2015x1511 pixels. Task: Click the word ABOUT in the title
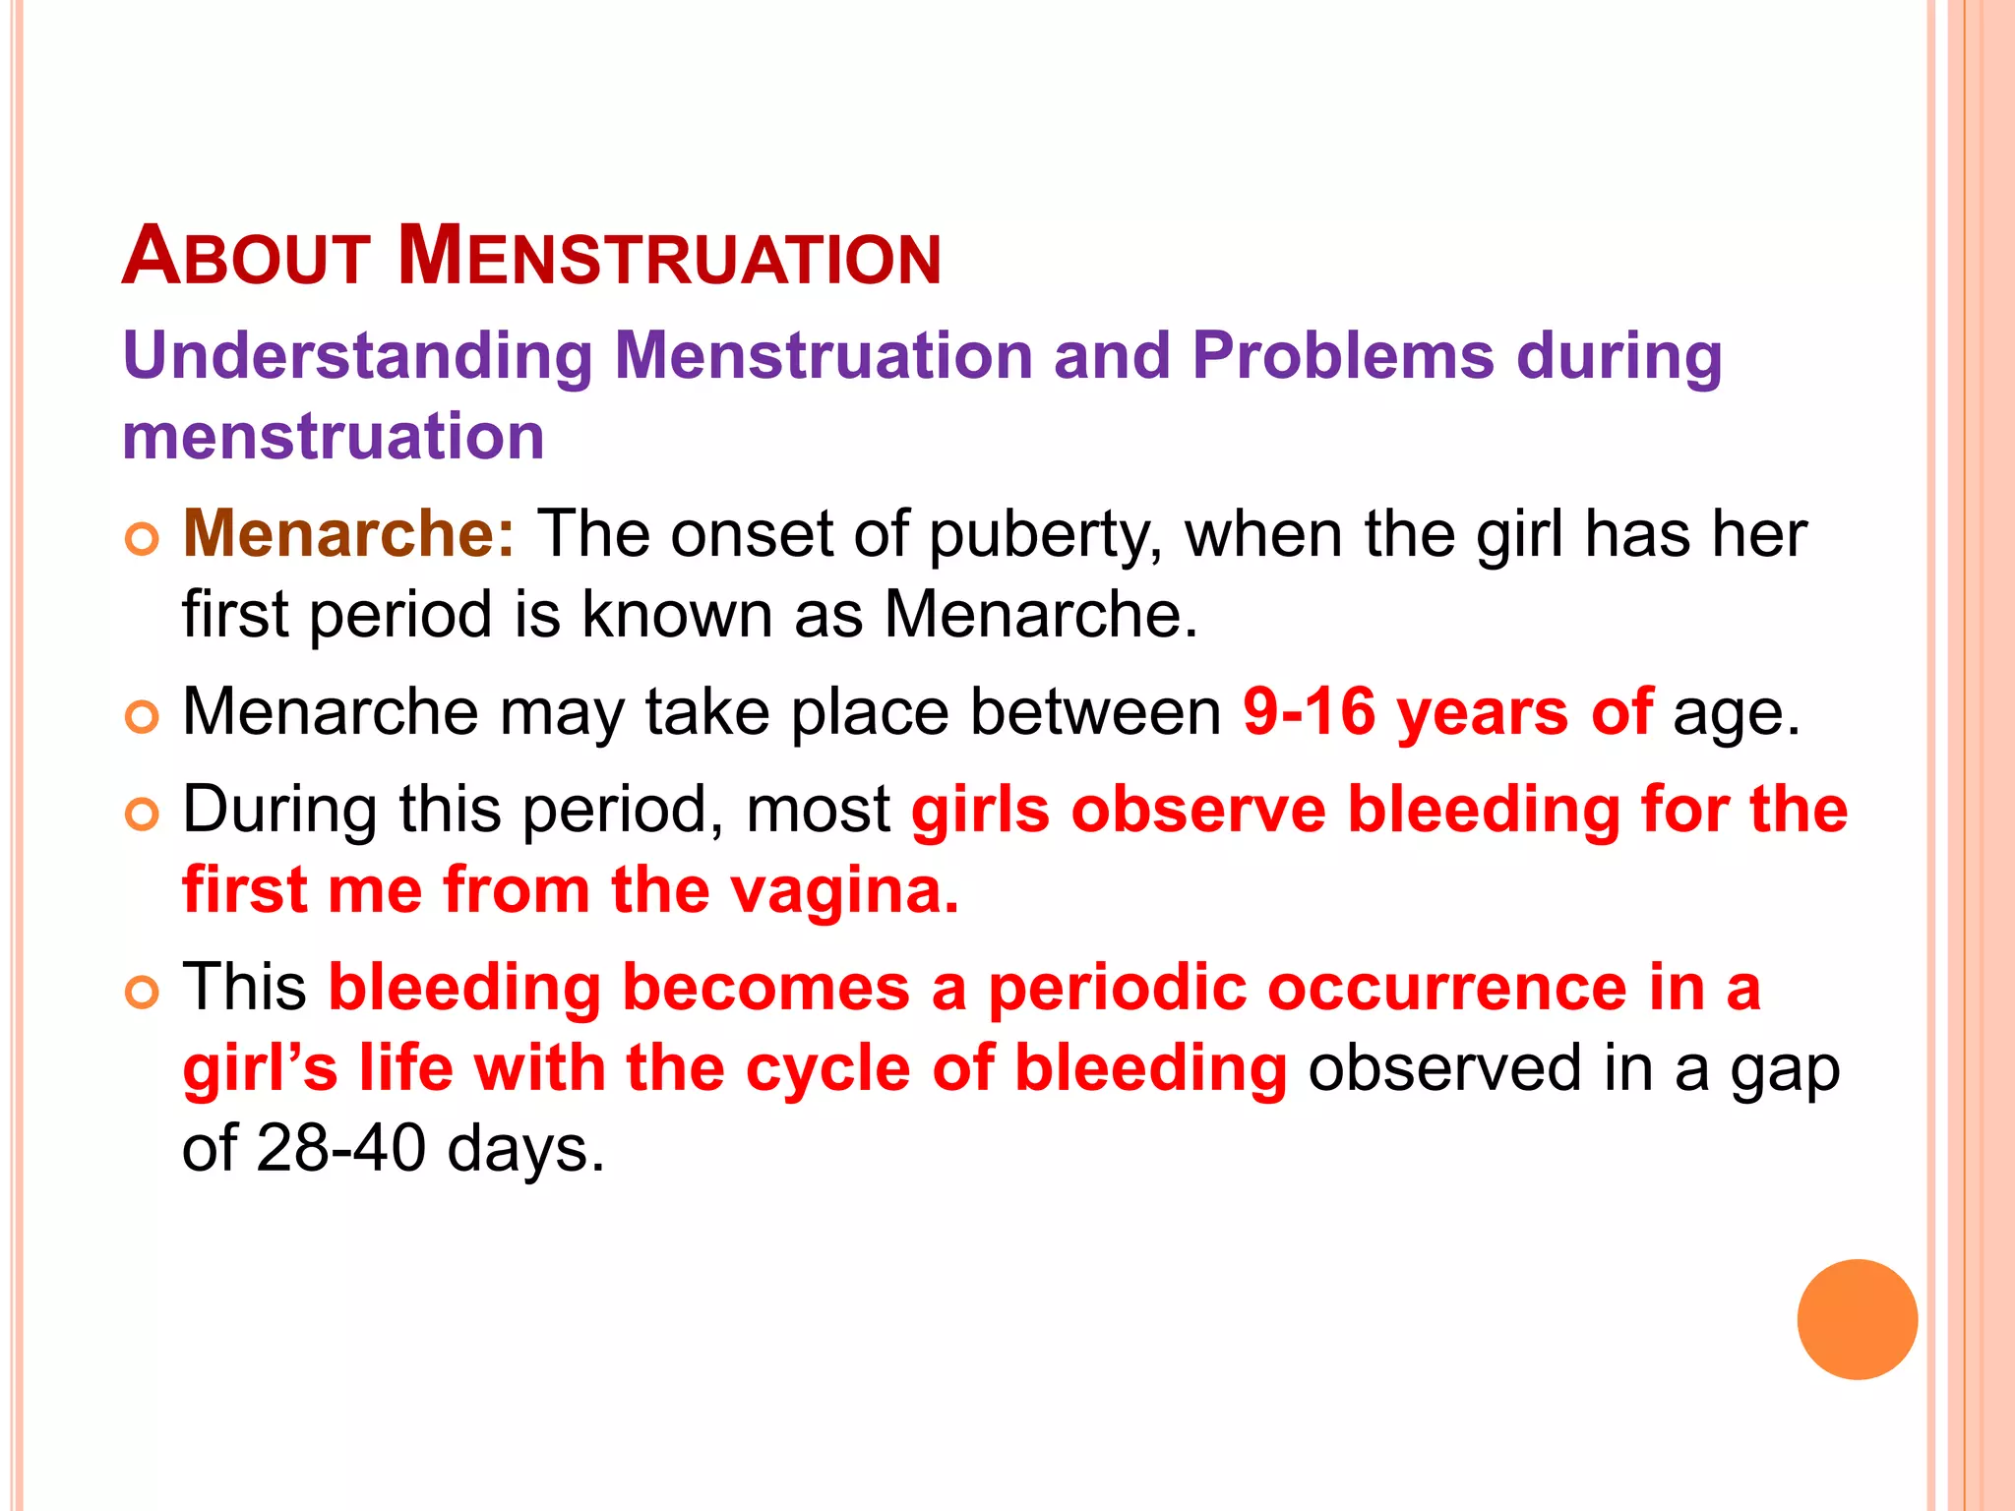pos(246,257)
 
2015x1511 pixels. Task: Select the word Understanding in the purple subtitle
pos(357,355)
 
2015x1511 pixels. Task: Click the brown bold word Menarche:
pos(348,534)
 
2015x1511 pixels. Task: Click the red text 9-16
pos(1309,711)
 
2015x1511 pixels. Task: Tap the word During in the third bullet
pos(278,810)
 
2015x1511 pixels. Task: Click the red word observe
pos(1197,810)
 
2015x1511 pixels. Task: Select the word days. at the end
pos(525,1150)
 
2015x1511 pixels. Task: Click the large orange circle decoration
pos(1857,1319)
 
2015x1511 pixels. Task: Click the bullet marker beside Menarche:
pos(143,540)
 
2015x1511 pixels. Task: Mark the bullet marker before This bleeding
pos(143,993)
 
